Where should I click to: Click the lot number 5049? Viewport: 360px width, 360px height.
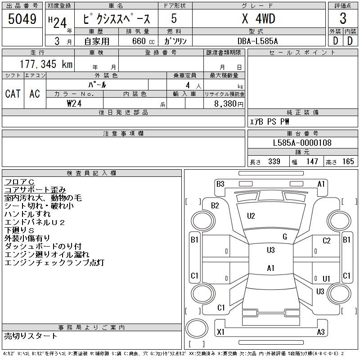click(22, 18)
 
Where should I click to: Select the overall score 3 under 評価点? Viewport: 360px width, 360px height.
click(343, 18)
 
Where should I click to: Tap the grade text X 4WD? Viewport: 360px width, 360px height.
click(258, 18)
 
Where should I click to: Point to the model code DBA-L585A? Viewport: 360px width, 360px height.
click(257, 41)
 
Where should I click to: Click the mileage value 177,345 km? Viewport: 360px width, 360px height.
click(46, 64)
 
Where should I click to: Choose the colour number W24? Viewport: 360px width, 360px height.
click(74, 103)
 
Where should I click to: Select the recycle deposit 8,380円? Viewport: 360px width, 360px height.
click(229, 104)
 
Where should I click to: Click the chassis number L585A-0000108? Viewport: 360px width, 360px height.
click(302, 143)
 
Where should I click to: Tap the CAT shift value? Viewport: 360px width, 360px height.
click(13, 94)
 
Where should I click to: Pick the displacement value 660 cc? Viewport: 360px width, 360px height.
click(143, 41)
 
